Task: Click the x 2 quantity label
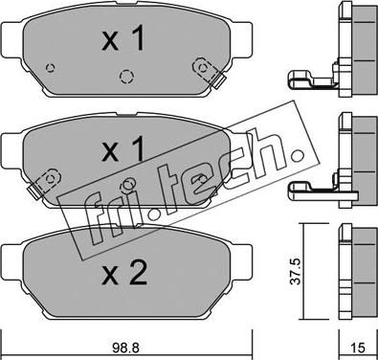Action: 124,272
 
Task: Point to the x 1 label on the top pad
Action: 123,38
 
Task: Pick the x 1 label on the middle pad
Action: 123,148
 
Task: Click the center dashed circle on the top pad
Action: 126,77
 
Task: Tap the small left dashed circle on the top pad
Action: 51,68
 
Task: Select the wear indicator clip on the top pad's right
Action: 209,72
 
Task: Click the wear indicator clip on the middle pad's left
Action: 43,183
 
